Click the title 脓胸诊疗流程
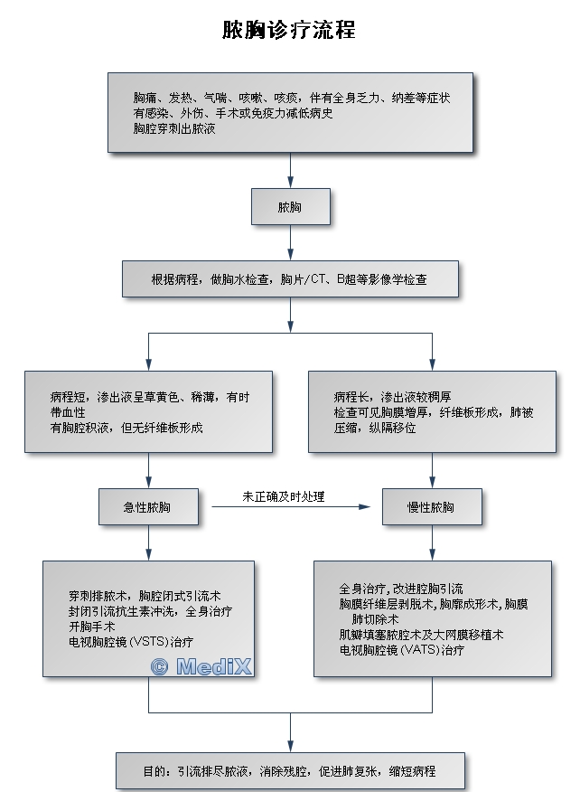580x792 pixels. [x=289, y=31]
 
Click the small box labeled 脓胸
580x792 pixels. [x=290, y=208]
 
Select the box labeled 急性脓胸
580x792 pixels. [x=147, y=507]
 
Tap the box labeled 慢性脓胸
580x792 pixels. [x=431, y=507]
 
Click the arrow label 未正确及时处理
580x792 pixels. [x=284, y=496]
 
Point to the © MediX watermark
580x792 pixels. [x=201, y=667]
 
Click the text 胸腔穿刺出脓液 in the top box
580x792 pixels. [x=173, y=129]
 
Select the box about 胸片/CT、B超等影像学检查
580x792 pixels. [x=290, y=280]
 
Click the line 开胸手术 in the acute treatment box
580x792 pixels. [x=91, y=627]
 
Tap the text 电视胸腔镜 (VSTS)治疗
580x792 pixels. [x=130, y=642]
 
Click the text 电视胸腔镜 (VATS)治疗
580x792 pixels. [x=402, y=650]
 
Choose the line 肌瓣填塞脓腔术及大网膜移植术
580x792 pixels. [x=422, y=635]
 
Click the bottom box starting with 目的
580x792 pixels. [x=290, y=771]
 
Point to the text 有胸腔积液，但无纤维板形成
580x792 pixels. [x=126, y=428]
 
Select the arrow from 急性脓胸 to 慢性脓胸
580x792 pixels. [x=294, y=507]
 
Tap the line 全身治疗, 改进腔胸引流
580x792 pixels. [x=401, y=589]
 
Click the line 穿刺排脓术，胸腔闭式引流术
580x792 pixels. [x=145, y=596]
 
